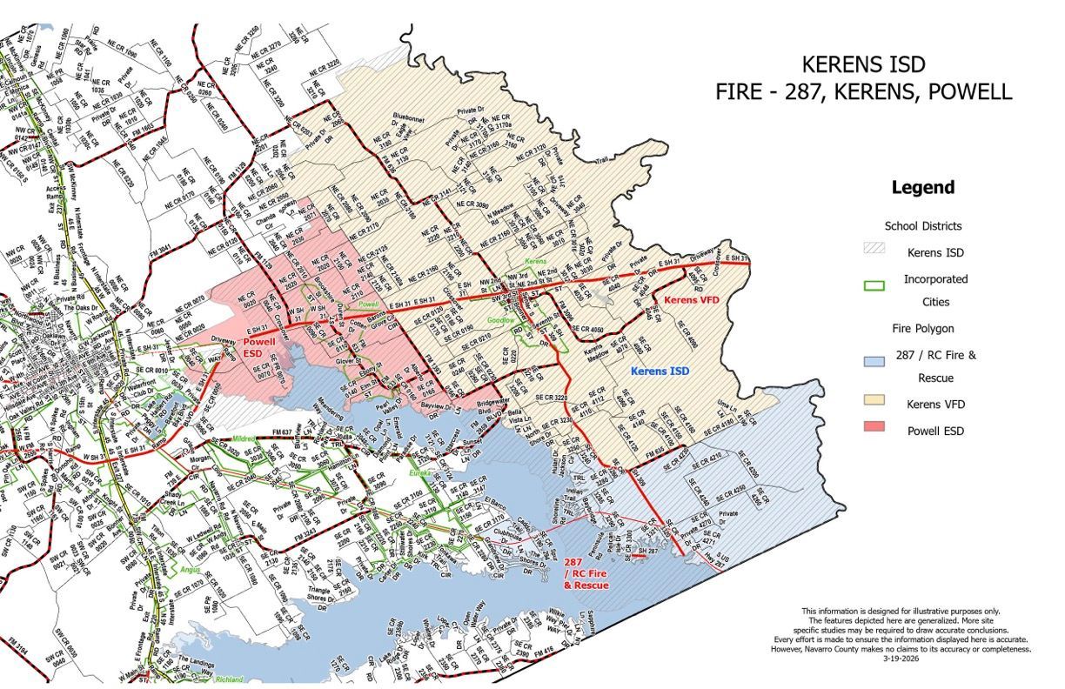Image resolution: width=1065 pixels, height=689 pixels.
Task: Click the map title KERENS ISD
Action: [863, 65]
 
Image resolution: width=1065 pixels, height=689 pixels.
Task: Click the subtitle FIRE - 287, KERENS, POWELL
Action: [863, 92]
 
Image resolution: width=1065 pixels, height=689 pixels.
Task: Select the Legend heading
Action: [922, 187]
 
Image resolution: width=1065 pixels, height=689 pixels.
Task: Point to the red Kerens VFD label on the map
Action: [693, 300]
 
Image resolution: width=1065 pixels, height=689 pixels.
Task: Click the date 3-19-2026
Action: [915, 658]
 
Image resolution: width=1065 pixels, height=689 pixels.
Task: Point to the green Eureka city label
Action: [423, 473]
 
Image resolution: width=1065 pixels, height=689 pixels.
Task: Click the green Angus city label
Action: [191, 570]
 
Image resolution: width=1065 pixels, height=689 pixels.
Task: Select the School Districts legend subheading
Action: [922, 225]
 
